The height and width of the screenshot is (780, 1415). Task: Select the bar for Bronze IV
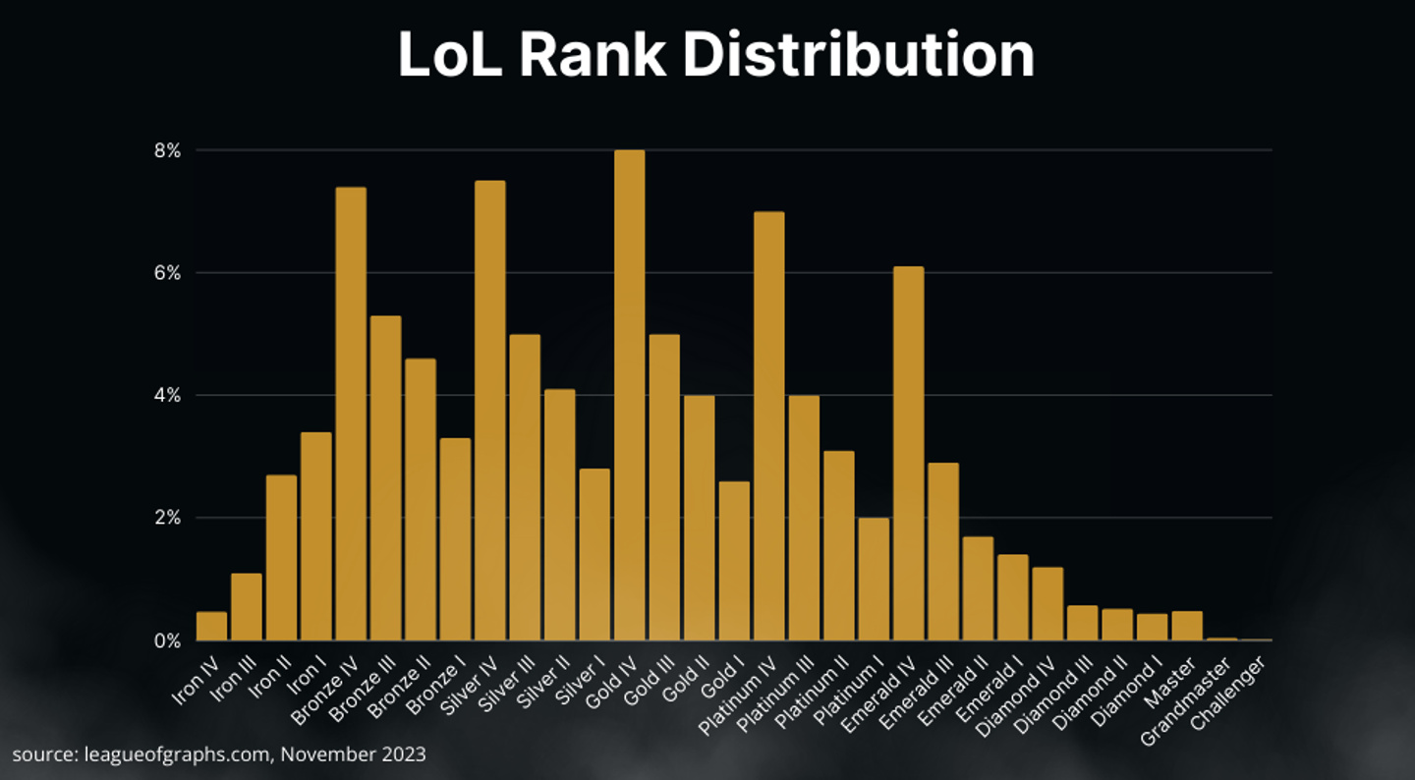351,414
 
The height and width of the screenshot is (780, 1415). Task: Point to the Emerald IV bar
909,453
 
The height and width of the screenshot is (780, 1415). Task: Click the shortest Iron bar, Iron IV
211,626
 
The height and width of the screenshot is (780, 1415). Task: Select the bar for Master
1187,626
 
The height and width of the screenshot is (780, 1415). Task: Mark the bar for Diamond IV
1047,603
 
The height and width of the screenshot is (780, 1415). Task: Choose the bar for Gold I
734,560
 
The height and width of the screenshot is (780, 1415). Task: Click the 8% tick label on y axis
166,150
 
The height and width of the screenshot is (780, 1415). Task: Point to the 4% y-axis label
166,395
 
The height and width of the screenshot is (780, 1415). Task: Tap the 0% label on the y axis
166,641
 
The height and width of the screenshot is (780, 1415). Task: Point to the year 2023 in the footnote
406,754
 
